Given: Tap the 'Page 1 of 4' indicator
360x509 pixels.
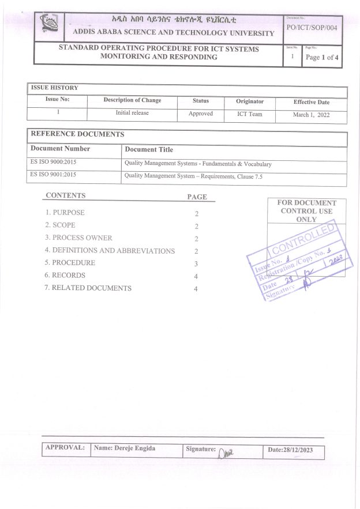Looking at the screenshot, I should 321,57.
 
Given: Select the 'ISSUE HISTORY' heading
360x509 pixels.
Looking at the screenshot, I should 54,88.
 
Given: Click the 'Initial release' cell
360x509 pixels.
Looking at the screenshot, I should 132,113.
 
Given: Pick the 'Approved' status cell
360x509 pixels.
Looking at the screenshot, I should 201,114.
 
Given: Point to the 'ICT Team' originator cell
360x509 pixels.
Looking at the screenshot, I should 250,114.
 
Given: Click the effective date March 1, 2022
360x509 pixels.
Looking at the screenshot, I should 311,115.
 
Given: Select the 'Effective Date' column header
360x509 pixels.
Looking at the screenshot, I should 312,102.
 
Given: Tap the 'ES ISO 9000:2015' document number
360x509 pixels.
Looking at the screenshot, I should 53,163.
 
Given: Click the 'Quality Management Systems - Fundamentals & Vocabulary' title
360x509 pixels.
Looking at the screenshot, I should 198,164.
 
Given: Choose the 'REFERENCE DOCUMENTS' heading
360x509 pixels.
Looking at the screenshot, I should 77,134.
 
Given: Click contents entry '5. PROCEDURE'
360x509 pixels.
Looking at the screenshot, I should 70,263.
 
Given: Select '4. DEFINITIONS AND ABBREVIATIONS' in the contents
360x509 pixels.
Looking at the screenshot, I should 110,251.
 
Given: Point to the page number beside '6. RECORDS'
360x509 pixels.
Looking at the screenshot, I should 196,276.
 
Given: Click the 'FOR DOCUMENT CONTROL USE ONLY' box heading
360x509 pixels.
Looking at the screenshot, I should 306,211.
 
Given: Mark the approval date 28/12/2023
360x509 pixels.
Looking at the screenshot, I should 290,450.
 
